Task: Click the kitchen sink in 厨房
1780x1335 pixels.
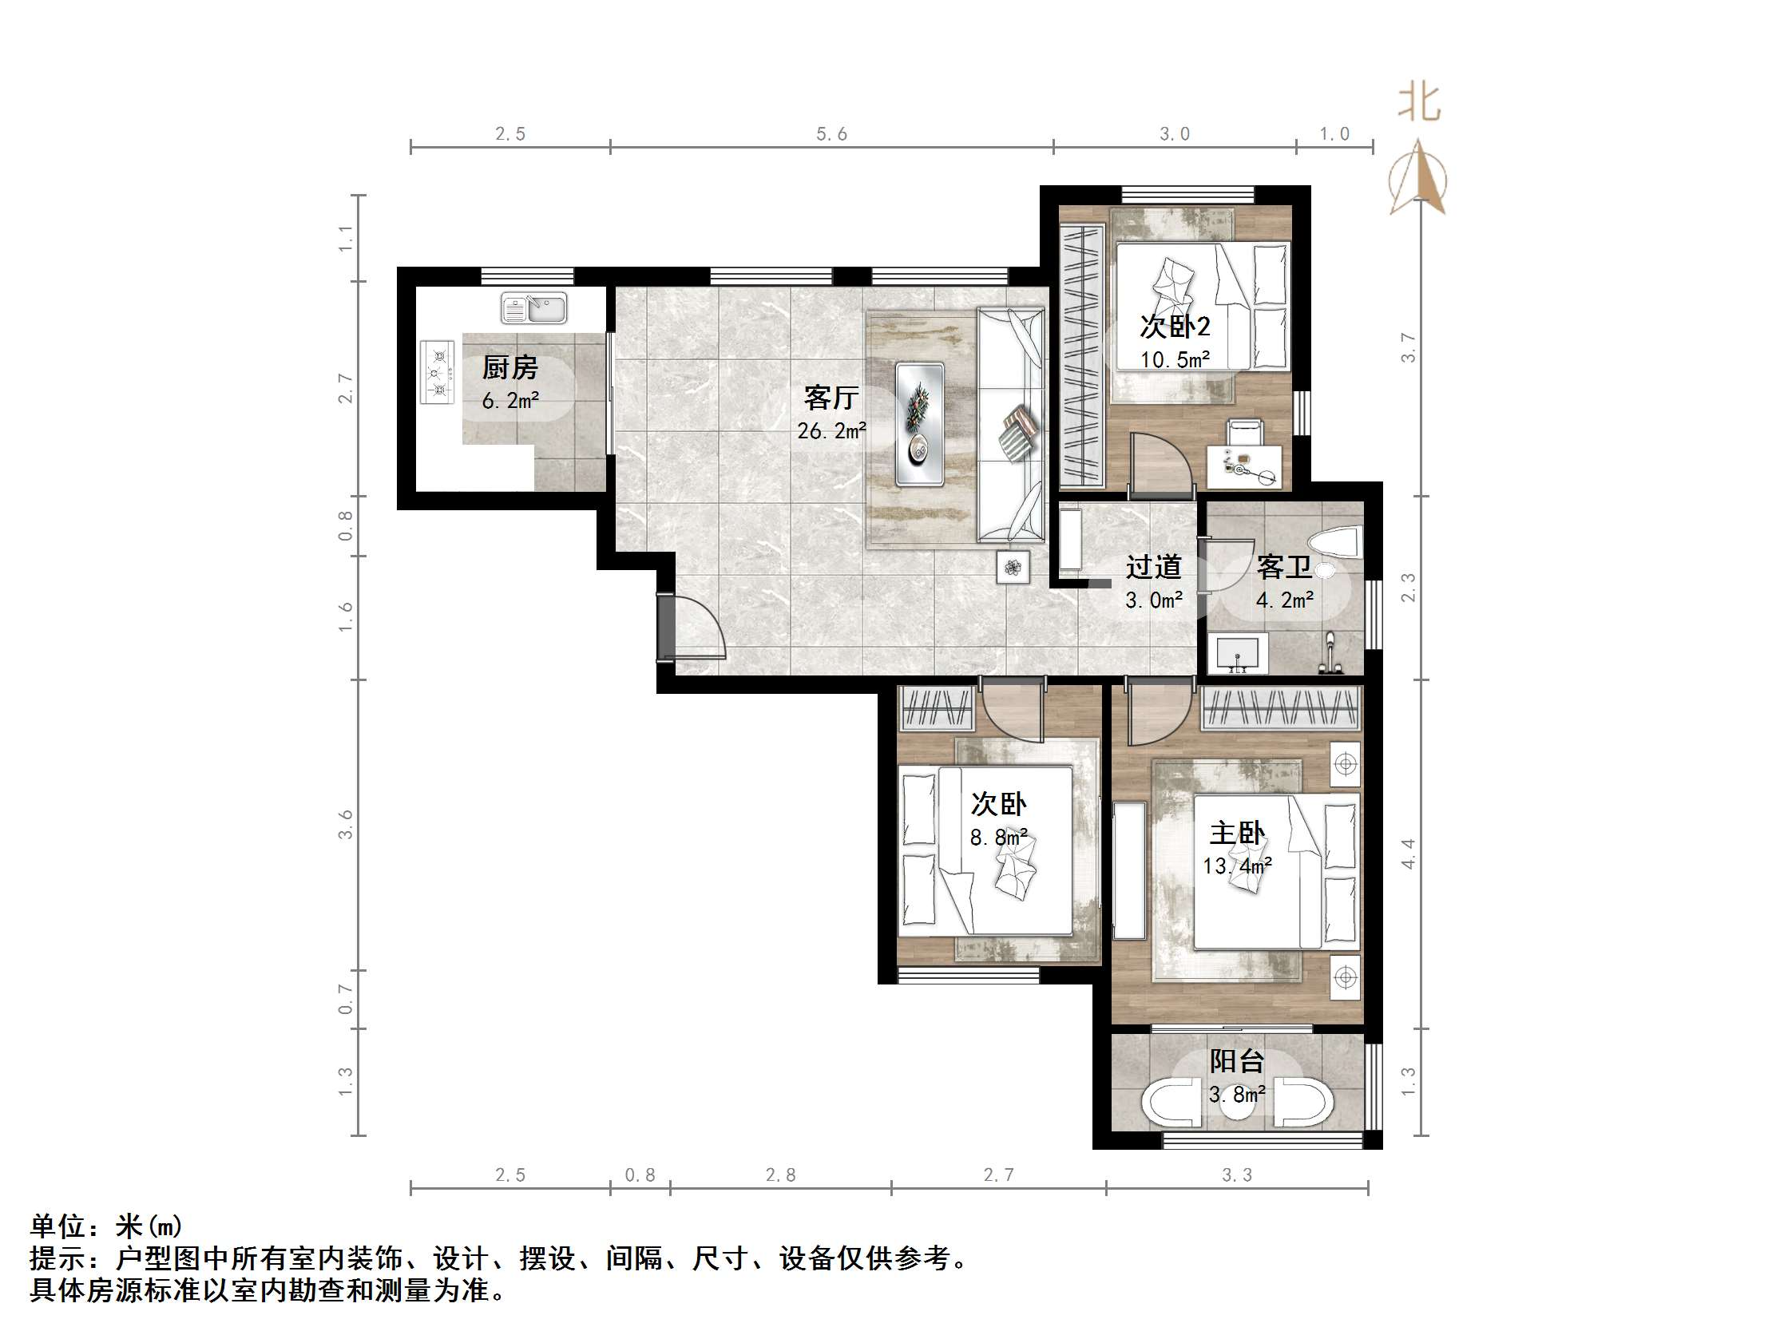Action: click(x=534, y=307)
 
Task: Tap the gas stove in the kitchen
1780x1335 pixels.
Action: click(x=437, y=373)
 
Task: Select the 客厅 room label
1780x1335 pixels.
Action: click(x=831, y=398)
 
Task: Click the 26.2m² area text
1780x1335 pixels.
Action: click(x=831, y=431)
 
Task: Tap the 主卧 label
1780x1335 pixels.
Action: click(x=1236, y=833)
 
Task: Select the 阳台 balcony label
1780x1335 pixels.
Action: click(x=1236, y=1061)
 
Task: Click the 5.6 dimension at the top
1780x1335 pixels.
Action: click(x=831, y=134)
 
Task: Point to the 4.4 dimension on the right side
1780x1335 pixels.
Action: click(x=1407, y=853)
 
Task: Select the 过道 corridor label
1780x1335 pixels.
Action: click(x=1153, y=568)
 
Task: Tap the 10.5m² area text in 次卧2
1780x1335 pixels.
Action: click(x=1175, y=360)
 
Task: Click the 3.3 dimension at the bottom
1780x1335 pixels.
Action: click(x=1236, y=1175)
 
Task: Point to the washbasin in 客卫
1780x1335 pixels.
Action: click(x=1240, y=652)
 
